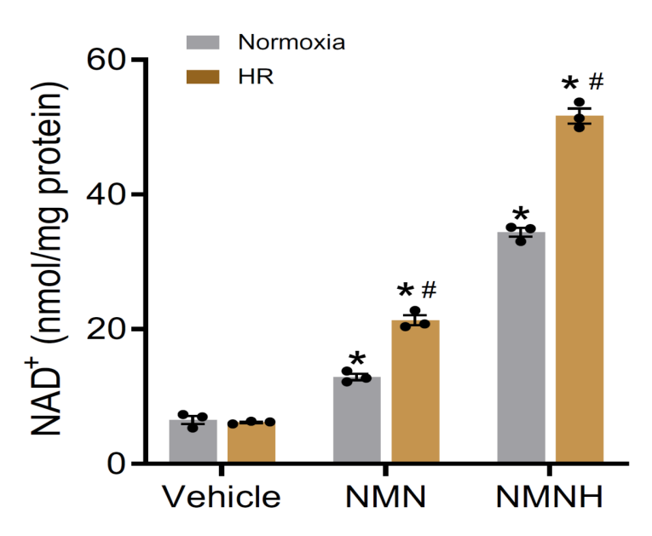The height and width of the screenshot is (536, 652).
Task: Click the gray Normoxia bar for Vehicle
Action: (193, 442)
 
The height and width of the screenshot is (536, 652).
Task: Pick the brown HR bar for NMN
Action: (415, 392)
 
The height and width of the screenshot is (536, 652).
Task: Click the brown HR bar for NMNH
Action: (580, 290)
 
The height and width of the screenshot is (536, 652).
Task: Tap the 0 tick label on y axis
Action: (117, 464)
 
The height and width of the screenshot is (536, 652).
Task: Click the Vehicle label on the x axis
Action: (222, 497)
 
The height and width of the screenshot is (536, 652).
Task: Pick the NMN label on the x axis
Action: (386, 497)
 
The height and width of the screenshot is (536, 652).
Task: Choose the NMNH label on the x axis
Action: (550, 497)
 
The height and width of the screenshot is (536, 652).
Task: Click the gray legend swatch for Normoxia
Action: (203, 42)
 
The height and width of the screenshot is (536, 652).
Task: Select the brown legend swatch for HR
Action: (203, 77)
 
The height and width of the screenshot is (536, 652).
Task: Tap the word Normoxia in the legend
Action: (291, 42)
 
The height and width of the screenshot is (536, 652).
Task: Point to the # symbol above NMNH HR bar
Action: (596, 83)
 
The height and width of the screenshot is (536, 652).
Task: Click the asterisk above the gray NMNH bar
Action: (521, 215)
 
